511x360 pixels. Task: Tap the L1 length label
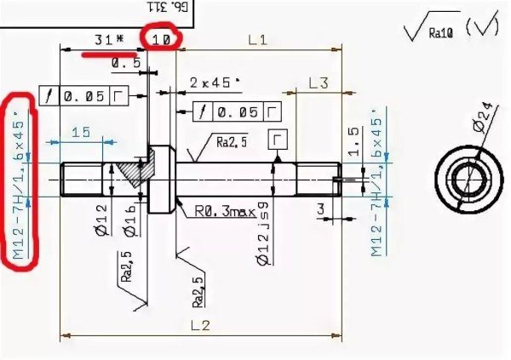[x=257, y=39]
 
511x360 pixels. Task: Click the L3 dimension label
[x=319, y=83]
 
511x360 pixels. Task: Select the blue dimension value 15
[x=81, y=132]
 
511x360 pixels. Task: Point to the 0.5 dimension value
[x=126, y=63]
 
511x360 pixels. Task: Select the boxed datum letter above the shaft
[x=278, y=138]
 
